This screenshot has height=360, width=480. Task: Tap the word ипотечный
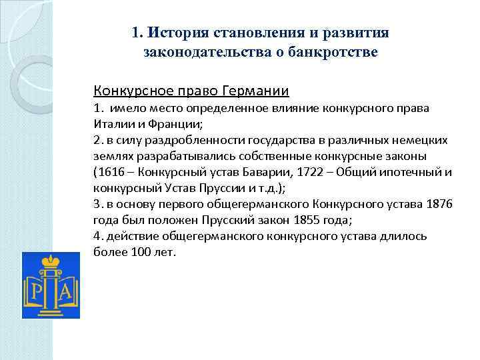click(405, 172)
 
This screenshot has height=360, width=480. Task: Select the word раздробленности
click(188, 140)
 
